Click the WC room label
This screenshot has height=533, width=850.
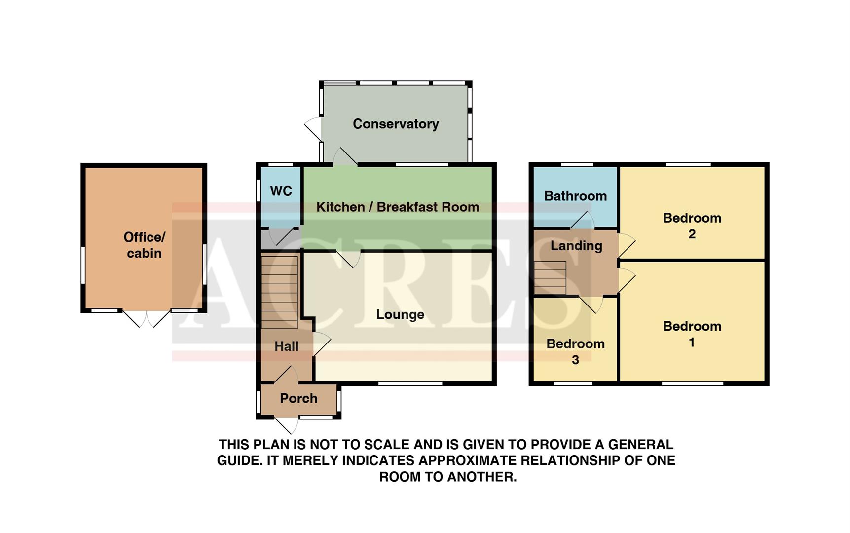[281, 191]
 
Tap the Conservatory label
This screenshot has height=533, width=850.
[396, 124]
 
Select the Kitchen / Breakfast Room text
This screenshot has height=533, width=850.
[398, 207]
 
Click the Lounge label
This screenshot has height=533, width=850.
[400, 314]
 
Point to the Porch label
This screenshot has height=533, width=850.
[298, 398]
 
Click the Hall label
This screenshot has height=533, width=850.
[287, 346]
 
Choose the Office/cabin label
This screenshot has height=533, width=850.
[144, 245]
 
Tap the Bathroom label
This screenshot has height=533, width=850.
[575, 196]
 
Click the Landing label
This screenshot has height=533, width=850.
[576, 245]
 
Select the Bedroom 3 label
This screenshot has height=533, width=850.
[575, 351]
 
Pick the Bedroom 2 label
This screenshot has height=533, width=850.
[692, 226]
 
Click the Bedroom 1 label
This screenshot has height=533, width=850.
[692, 334]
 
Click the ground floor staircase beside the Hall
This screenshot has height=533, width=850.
[279, 292]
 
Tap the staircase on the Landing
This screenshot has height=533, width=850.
[550, 278]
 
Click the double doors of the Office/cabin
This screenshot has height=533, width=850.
[146, 319]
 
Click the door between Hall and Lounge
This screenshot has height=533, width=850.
[321, 343]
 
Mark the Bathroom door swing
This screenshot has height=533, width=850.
[583, 221]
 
